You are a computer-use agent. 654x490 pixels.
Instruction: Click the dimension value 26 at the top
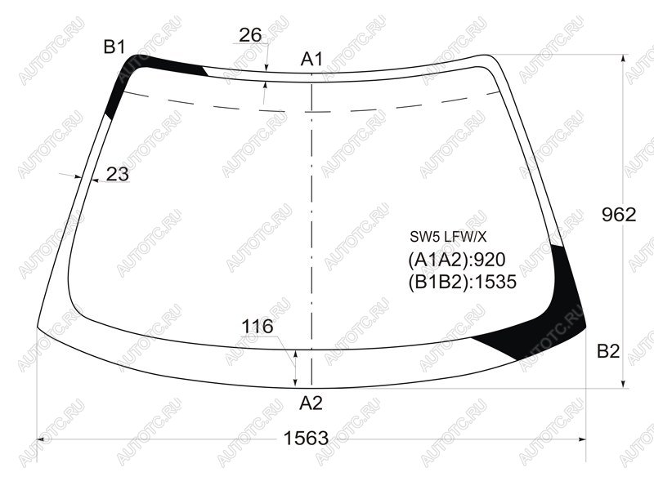coord(250,35)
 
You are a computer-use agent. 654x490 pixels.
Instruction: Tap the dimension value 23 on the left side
coord(118,174)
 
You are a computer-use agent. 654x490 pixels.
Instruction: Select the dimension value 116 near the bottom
coord(258,326)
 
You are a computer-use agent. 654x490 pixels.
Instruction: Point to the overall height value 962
coord(619,215)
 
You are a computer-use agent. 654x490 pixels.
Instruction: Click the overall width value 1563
coord(306,439)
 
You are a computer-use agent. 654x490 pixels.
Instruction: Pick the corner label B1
coord(114,47)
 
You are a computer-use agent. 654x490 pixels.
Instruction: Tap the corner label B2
coord(608,352)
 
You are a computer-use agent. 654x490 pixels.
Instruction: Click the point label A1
coord(311,59)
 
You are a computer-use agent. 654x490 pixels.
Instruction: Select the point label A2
coord(311,403)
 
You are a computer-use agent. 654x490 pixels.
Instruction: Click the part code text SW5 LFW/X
coord(448,237)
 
